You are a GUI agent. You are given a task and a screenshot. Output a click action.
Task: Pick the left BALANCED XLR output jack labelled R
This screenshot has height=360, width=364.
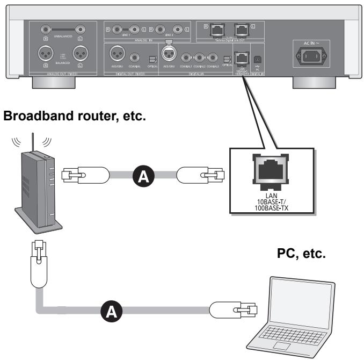coord(43,54)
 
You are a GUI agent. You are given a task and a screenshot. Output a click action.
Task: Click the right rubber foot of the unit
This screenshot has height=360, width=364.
coord(312,83)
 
